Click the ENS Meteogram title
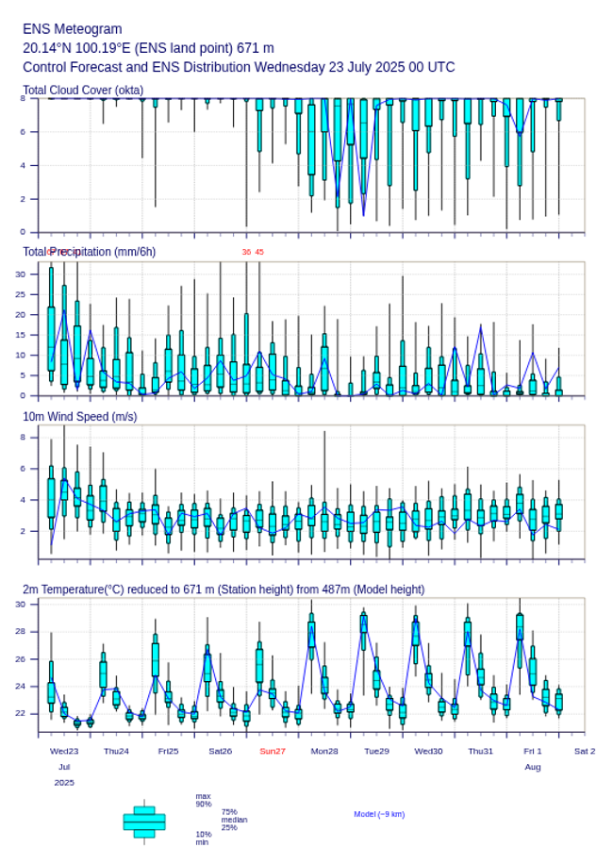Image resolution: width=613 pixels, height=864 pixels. coord(72,29)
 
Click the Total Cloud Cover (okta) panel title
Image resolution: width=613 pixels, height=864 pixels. coord(83,90)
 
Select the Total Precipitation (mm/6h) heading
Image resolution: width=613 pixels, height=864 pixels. coord(90,251)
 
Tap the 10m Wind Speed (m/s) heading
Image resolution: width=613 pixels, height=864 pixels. coord(79,416)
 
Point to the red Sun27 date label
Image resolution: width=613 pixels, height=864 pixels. coord(273,751)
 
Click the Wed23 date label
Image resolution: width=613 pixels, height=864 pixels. coord(64,751)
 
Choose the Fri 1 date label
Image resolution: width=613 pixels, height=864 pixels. coord(533,751)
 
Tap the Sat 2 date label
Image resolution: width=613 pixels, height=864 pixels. coord(585,751)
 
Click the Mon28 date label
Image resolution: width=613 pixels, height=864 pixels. coord(324,751)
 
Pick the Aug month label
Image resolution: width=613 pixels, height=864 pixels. coord(533,767)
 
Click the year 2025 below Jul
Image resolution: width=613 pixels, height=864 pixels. coord(64,783)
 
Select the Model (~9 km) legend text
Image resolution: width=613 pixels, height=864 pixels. coord(379,813)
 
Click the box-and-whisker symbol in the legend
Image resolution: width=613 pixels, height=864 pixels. coord(144,822)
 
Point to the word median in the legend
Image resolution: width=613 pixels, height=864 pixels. coord(234,820)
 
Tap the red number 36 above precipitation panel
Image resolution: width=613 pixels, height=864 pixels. coord(246,252)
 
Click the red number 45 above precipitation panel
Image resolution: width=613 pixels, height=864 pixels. coord(259,252)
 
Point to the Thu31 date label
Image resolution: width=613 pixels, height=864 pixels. coord(481,751)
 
